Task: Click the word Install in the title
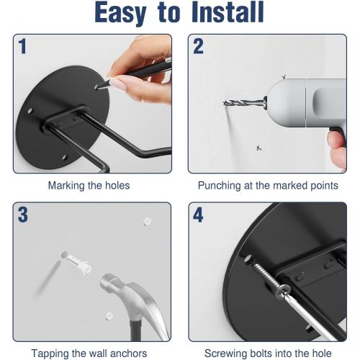coord(228,12)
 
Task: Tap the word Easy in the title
coord(120,14)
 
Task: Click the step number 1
coord(22,46)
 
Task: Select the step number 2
coord(198,46)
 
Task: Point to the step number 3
coord(23,215)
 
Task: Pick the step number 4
coord(198,215)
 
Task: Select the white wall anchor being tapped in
coord(77,263)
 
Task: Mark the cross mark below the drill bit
coord(258,148)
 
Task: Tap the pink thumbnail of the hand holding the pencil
coord(118,85)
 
